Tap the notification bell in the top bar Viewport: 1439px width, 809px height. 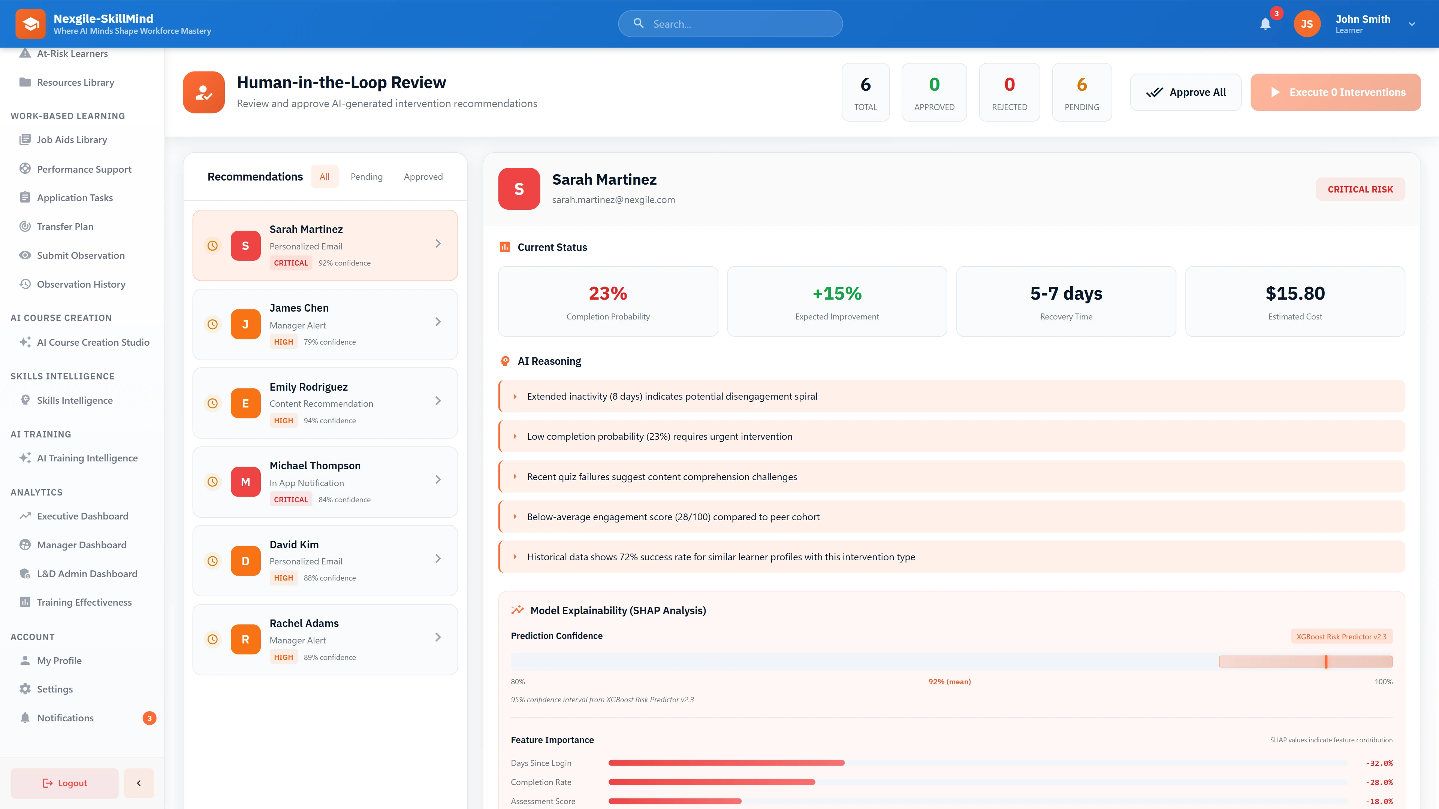pos(1265,24)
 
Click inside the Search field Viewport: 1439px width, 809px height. pos(737,24)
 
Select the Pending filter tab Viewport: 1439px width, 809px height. pos(366,176)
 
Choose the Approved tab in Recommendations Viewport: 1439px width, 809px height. pos(423,176)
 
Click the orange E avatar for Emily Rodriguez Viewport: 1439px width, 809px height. pos(245,403)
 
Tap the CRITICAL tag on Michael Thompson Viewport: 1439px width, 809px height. pos(290,500)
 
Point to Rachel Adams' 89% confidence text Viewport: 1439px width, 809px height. pos(330,657)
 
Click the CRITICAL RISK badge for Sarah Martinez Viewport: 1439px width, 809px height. pos(1360,189)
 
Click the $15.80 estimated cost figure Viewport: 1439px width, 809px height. pos(1294,293)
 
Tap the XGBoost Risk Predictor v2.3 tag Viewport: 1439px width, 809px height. pos(1341,636)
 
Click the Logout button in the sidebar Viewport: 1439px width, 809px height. pos(65,783)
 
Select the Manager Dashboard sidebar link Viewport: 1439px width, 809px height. pos(82,545)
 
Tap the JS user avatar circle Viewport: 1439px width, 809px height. pos(1307,24)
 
